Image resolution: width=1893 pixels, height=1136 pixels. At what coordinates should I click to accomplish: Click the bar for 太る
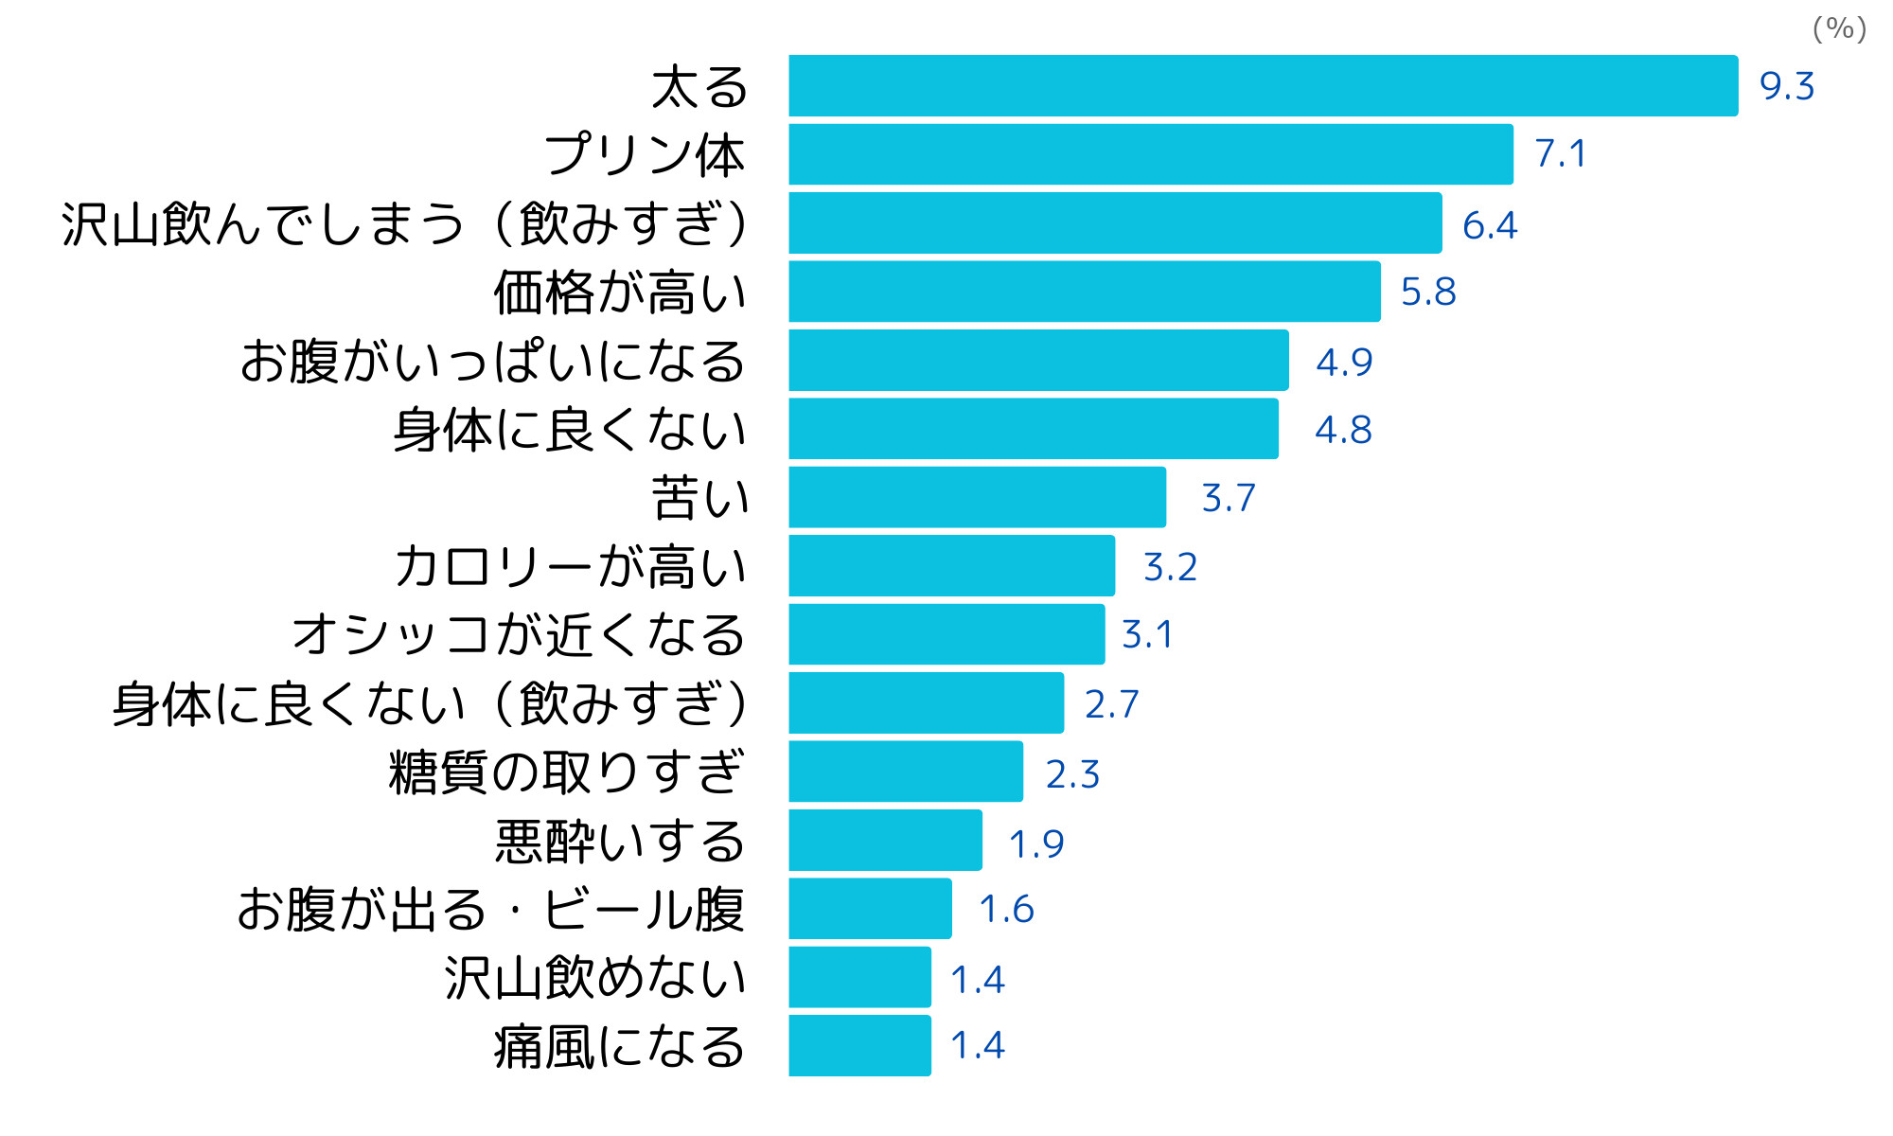tap(1263, 86)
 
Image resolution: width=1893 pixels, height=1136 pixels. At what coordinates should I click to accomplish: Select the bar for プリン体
tap(1150, 154)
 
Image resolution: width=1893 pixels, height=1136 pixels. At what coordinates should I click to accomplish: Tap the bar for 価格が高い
tap(1084, 292)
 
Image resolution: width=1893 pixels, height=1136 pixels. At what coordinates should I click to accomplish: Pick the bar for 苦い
tap(977, 497)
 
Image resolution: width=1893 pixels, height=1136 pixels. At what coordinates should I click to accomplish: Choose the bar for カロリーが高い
tap(951, 566)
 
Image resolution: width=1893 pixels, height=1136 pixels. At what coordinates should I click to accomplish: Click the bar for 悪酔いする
tap(885, 840)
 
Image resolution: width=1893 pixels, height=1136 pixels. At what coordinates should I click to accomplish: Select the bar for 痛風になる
tap(859, 1045)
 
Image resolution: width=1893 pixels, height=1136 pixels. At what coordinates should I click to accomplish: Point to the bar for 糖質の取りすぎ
tap(906, 772)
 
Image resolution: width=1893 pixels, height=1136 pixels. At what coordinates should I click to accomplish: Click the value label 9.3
tap(1786, 86)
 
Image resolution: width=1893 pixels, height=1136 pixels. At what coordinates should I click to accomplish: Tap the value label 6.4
tap(1489, 225)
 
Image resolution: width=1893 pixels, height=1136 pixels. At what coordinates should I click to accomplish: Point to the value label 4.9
tap(1344, 362)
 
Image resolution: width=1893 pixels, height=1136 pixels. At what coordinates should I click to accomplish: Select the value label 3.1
tap(1147, 634)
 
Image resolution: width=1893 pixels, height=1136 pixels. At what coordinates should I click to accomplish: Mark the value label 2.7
tap(1111, 703)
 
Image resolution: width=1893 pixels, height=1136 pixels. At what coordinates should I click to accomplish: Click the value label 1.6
tap(1006, 909)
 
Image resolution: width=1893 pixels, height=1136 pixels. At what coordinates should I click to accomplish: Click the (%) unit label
tap(1839, 28)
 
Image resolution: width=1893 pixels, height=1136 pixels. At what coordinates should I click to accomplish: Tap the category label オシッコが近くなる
tap(519, 634)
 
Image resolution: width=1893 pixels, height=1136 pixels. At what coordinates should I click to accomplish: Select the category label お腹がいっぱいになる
tap(493, 362)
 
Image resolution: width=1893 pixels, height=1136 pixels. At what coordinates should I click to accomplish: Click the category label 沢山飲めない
tap(595, 977)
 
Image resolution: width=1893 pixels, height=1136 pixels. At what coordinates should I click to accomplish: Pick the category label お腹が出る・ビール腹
tap(491, 909)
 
